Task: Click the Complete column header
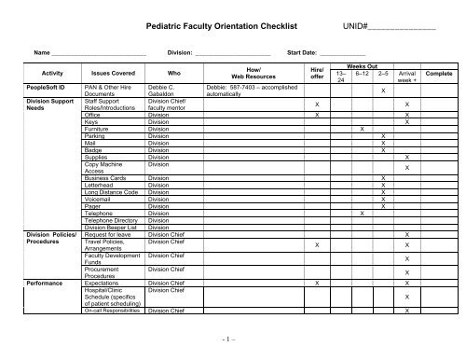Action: (438, 71)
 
